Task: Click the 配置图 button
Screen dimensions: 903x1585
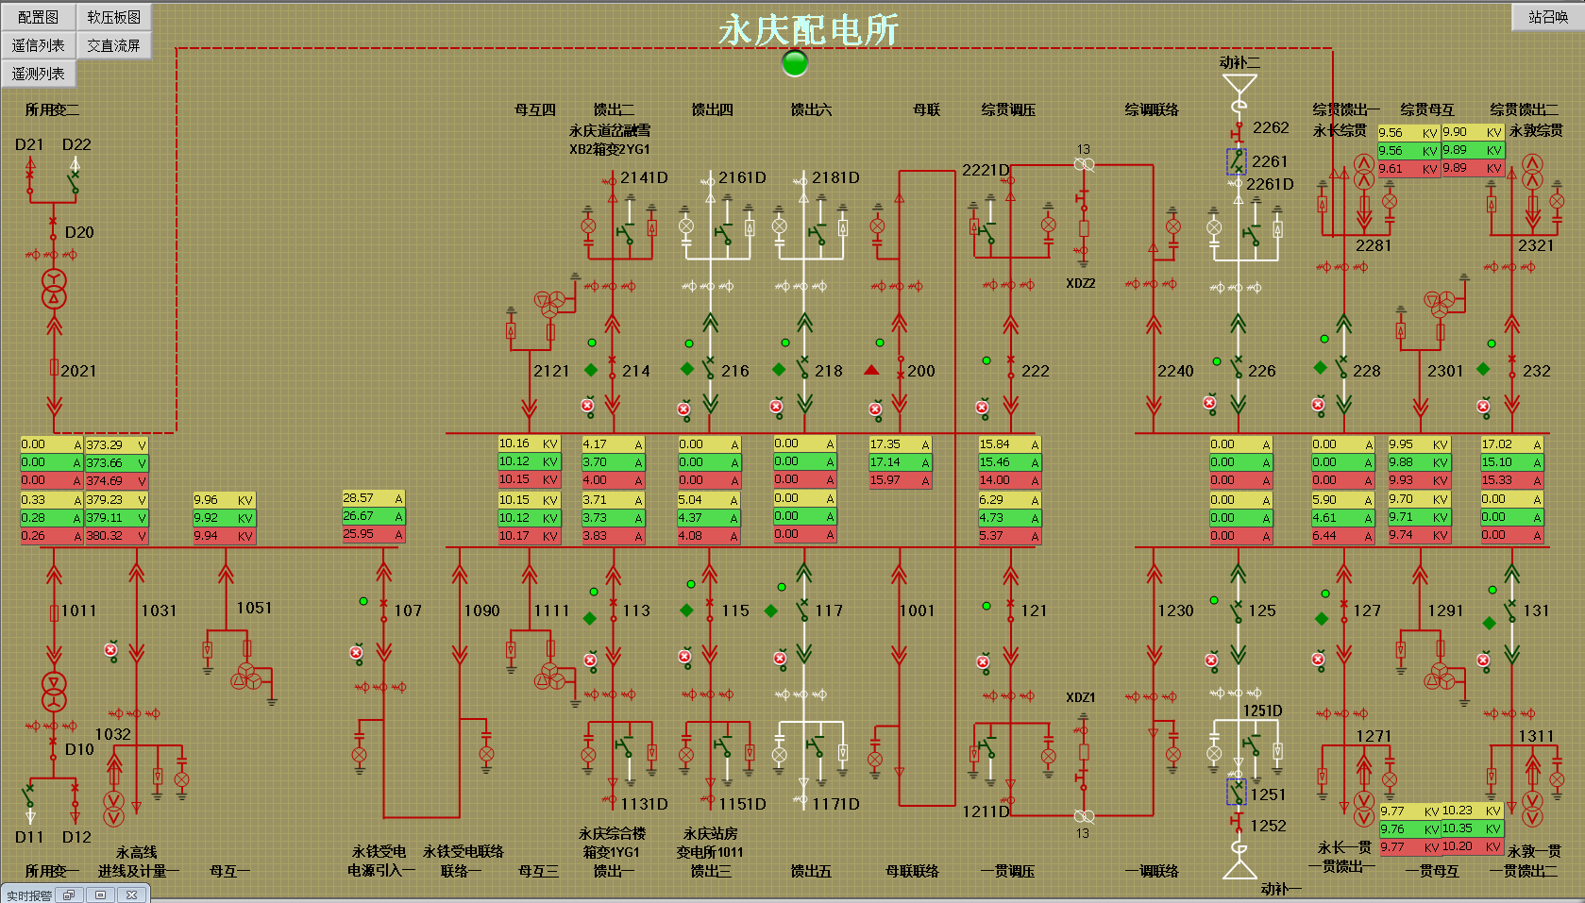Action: click(38, 17)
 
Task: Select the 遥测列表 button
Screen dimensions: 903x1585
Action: click(38, 74)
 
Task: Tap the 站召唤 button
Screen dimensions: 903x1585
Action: click(1547, 17)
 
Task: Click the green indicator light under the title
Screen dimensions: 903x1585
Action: click(796, 63)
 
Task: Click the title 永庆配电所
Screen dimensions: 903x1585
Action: click(808, 30)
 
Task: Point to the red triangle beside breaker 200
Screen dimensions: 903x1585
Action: click(871, 370)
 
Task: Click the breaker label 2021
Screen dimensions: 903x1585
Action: click(78, 371)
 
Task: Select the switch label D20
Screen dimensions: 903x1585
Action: click(79, 232)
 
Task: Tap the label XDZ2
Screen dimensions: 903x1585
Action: click(1081, 283)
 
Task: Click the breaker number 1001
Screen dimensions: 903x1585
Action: click(917, 610)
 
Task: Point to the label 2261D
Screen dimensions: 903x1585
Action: click(1270, 184)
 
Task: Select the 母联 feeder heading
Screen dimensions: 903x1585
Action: click(926, 109)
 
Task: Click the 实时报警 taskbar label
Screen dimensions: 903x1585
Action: click(29, 895)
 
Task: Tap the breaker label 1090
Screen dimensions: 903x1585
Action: click(481, 610)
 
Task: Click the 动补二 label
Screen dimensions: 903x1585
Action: click(1239, 62)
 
